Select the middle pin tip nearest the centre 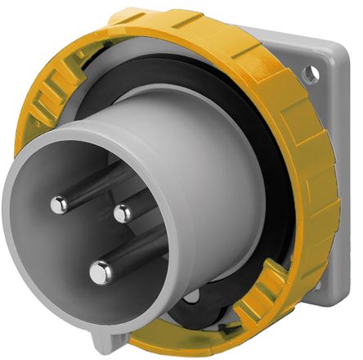122,214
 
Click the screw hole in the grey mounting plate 310,74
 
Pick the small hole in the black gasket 193,297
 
